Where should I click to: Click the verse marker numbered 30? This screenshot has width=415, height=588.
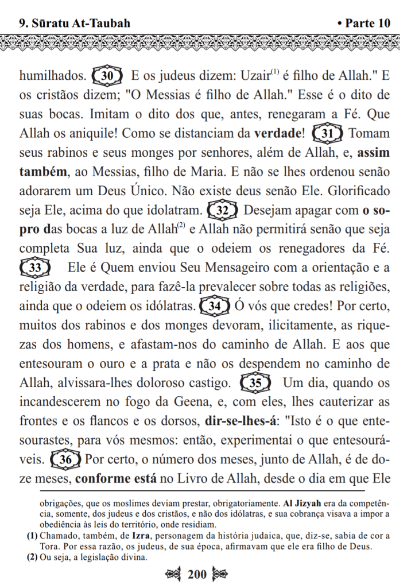click(x=108, y=75)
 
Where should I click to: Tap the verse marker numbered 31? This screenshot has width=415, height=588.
click(x=328, y=133)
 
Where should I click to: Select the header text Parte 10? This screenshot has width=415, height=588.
click(x=364, y=24)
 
